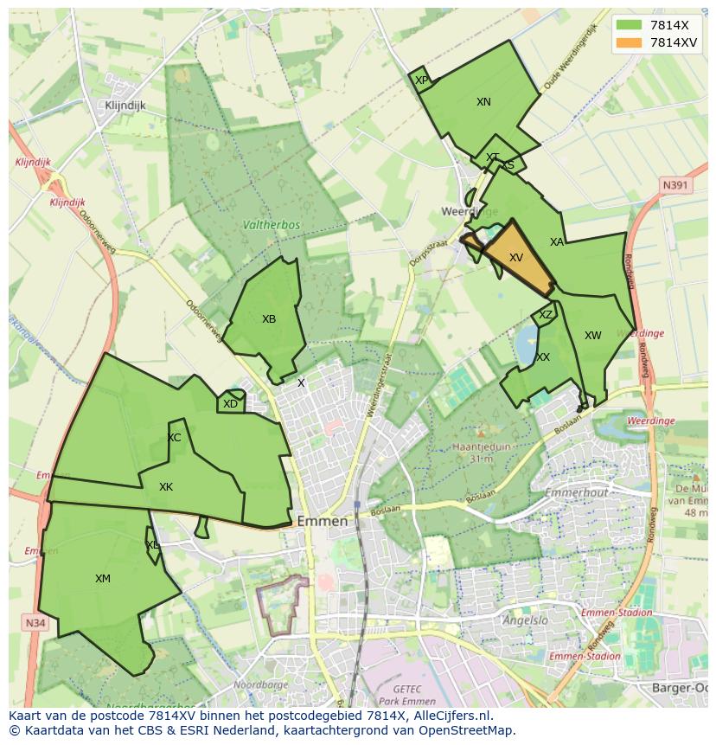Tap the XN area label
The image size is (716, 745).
(x=483, y=102)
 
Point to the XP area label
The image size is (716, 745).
(x=421, y=80)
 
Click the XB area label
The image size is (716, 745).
(x=269, y=319)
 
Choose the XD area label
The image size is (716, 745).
(x=230, y=404)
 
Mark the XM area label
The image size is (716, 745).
(x=103, y=579)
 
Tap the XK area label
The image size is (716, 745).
(x=166, y=487)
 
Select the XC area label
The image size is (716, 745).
(x=174, y=438)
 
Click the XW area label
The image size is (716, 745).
(x=592, y=336)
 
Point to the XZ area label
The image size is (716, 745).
(x=545, y=316)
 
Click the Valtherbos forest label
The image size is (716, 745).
(x=272, y=225)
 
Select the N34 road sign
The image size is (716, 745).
(x=34, y=622)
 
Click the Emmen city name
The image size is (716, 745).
(x=322, y=522)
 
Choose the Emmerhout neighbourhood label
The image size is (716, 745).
(x=577, y=493)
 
